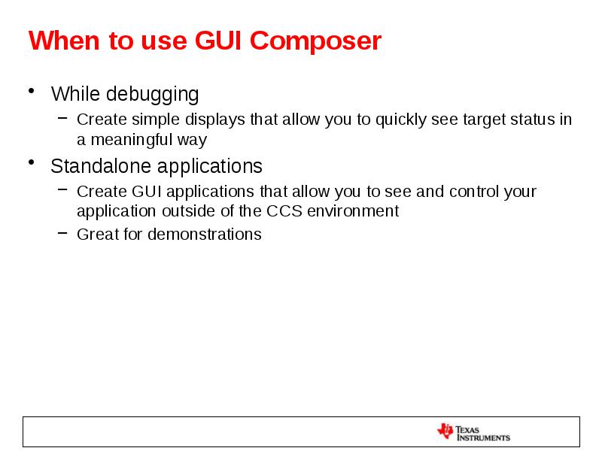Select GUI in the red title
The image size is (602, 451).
click(214, 41)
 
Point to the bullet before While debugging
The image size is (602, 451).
click(32, 92)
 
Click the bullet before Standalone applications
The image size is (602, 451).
click(32, 163)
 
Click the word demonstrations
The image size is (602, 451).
click(204, 235)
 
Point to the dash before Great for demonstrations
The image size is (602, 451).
click(62, 234)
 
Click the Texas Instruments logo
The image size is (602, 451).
click(473, 432)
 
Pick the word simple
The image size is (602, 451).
click(147, 120)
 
